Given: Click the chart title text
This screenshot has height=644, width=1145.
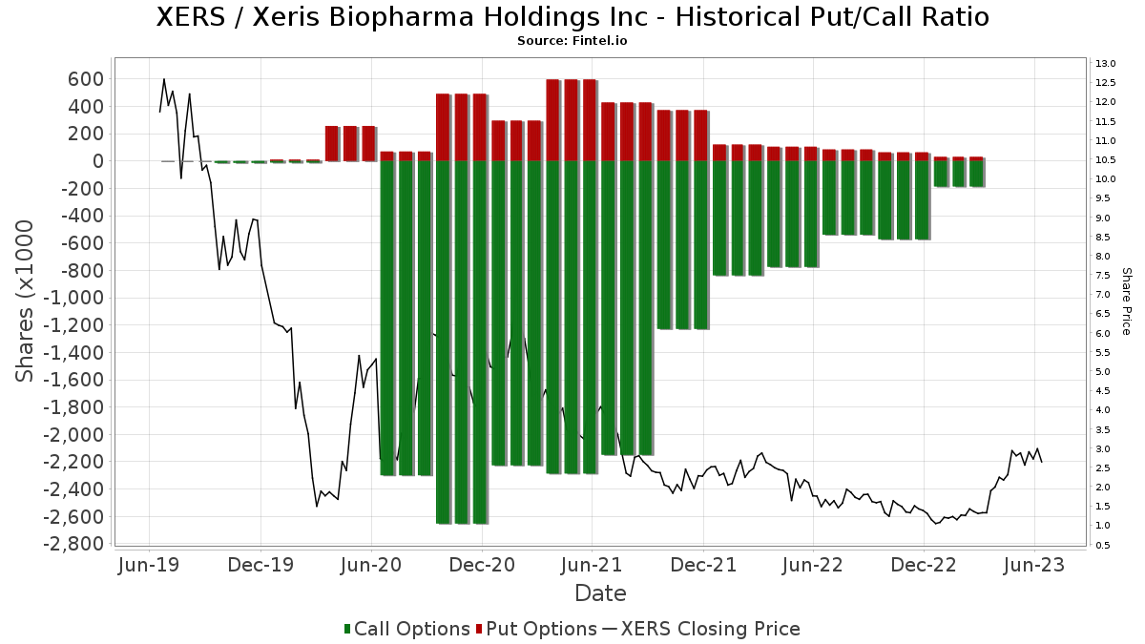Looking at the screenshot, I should [x=572, y=17].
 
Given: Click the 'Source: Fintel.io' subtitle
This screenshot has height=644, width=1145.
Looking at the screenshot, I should [x=572, y=41].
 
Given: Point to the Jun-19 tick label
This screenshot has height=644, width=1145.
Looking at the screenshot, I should [x=148, y=565].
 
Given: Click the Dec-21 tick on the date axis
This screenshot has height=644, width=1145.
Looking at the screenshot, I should [x=702, y=565].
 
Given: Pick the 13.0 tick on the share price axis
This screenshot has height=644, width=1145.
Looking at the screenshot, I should [x=1106, y=63].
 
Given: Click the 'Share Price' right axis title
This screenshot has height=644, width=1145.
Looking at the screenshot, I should [x=1126, y=301].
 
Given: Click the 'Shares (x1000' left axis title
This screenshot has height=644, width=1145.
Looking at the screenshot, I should [x=26, y=301].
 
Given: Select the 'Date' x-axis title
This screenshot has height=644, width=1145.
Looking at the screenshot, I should [x=600, y=593].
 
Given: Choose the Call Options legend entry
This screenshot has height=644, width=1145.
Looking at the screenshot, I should [x=411, y=629].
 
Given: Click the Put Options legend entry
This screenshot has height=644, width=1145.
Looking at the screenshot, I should [x=541, y=629].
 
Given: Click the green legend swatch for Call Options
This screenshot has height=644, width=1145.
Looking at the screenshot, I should [x=347, y=629].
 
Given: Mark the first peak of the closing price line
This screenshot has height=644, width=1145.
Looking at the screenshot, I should [x=164, y=79].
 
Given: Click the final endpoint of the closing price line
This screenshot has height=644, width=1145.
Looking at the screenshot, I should [x=1041, y=462].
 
